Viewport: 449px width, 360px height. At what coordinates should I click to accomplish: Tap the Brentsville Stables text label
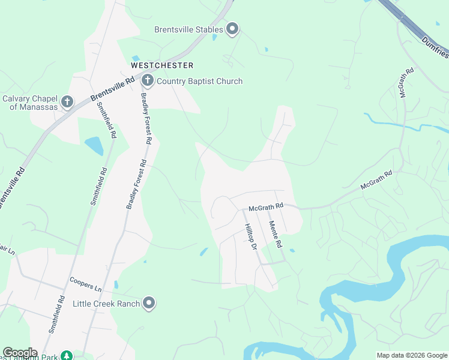tap(188, 29)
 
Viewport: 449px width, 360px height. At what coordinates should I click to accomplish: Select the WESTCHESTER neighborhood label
tap(162, 65)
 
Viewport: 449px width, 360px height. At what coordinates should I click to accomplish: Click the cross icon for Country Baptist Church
tap(148, 80)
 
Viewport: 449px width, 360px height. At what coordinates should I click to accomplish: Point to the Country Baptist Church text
tap(200, 81)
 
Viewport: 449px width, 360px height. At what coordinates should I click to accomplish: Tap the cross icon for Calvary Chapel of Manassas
tap(67, 102)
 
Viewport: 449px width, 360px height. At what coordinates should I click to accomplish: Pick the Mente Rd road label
tap(275, 235)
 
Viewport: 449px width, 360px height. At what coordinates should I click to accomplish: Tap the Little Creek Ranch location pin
tap(149, 304)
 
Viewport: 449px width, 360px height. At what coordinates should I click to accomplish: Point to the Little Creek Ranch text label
tap(106, 304)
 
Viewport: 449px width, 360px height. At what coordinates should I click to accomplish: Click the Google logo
tap(20, 353)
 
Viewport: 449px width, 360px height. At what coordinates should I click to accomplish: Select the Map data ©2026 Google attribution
tap(412, 355)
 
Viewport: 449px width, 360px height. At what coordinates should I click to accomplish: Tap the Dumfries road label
tap(435, 47)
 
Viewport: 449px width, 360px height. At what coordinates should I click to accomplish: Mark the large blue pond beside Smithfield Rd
tap(94, 145)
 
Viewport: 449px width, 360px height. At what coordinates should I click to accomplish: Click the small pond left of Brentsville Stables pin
tap(214, 37)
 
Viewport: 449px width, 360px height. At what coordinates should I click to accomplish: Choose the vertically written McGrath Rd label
tap(406, 83)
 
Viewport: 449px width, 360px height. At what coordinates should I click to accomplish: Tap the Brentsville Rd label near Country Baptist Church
tap(113, 89)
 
